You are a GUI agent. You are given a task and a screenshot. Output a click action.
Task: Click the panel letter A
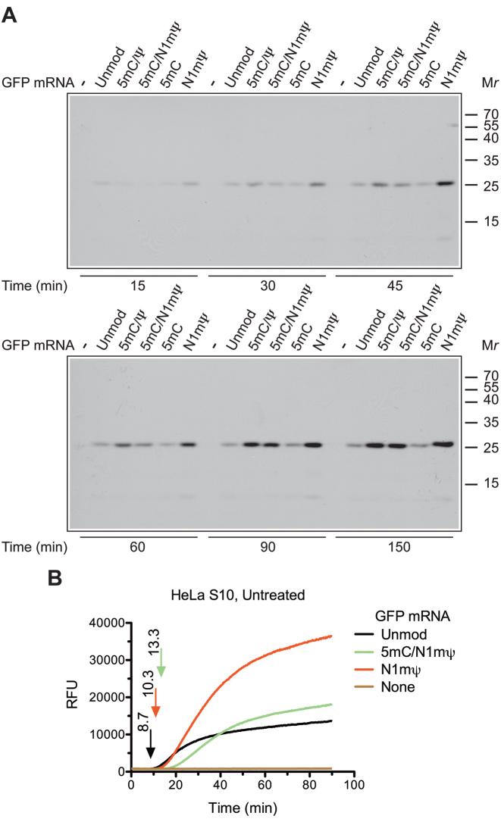(x=11, y=13)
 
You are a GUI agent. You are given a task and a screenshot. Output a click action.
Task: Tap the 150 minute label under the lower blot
(x=393, y=545)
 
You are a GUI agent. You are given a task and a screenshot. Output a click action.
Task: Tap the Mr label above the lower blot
(x=487, y=345)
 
